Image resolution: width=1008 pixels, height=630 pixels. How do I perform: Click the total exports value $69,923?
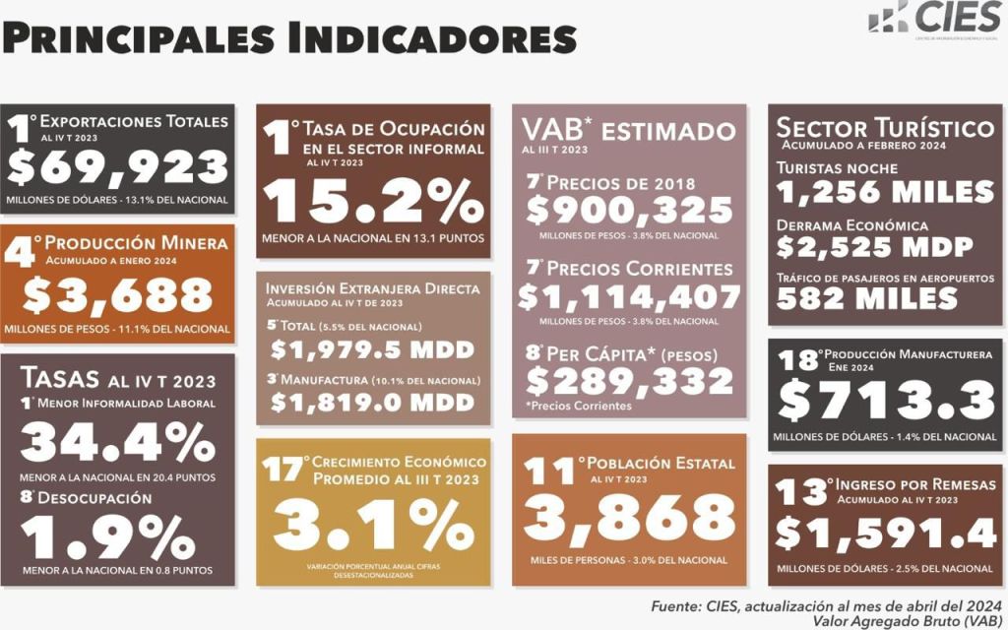[x=117, y=167]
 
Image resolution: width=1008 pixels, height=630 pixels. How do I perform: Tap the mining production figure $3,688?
[x=117, y=294]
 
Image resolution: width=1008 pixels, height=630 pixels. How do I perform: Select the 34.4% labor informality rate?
[x=117, y=443]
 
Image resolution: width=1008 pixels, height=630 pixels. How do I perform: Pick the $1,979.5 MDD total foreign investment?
[x=372, y=349]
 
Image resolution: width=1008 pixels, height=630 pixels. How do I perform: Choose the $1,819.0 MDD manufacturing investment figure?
[x=372, y=402]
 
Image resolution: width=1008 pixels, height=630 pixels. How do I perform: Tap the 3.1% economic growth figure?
[x=373, y=526]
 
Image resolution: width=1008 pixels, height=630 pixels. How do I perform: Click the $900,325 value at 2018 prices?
[x=629, y=210]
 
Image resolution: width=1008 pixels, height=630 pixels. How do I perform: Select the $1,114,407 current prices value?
[x=629, y=295]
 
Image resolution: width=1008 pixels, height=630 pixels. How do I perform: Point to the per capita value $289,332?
[x=629, y=380]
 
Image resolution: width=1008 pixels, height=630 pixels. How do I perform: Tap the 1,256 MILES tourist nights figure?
[x=885, y=191]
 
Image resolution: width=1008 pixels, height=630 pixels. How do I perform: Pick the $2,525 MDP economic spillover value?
[x=875, y=245]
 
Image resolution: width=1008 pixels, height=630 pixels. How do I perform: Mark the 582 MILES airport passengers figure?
[x=867, y=298]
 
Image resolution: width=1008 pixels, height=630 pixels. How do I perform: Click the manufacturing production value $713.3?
[x=885, y=399]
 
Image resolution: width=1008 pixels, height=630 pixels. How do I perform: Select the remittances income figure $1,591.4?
[x=885, y=533]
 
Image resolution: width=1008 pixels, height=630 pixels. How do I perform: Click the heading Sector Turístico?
[x=885, y=128]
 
